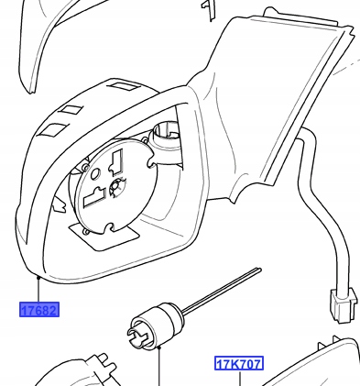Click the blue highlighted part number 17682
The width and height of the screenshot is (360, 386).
[39, 310]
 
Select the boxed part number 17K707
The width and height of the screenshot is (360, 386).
[239, 364]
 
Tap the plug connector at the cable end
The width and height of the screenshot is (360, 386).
[343, 304]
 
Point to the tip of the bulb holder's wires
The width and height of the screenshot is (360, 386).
[259, 270]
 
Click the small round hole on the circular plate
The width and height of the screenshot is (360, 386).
[95, 174]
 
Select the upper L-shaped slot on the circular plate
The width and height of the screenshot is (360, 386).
[116, 162]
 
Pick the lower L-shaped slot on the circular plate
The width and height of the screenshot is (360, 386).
[94, 197]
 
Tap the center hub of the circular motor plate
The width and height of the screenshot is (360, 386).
[116, 186]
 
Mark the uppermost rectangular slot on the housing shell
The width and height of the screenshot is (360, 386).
[125, 86]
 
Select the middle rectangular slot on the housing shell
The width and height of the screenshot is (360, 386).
[71, 110]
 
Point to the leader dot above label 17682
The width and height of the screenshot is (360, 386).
[38, 277]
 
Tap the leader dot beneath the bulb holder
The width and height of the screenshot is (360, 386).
[159, 347]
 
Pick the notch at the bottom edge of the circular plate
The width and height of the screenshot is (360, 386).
[110, 227]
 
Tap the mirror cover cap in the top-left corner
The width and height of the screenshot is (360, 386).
[46, 37]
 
